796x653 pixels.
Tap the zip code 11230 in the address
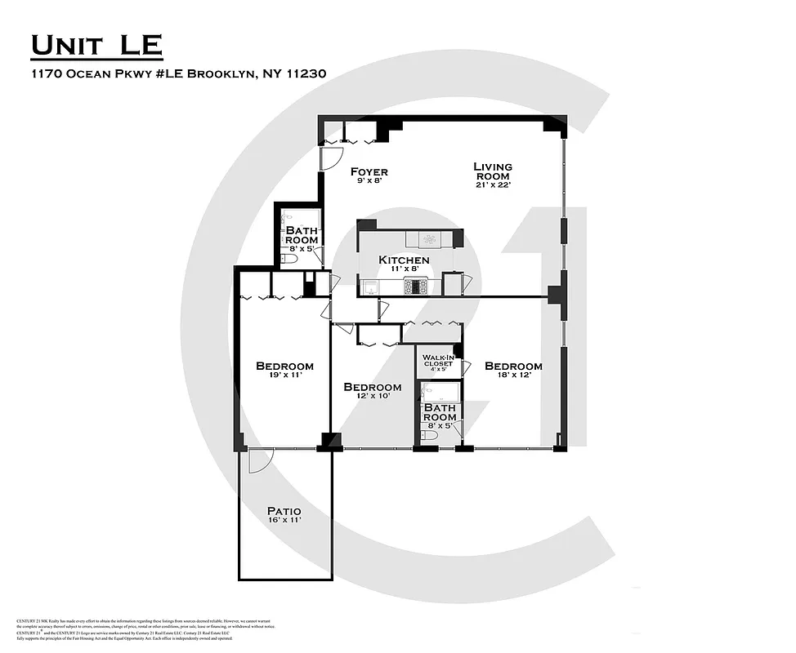pyautogui.click(x=306, y=73)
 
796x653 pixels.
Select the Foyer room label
pyautogui.click(x=369, y=172)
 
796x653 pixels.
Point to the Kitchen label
pyautogui.click(x=404, y=260)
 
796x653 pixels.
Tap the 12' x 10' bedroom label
pyautogui.click(x=372, y=397)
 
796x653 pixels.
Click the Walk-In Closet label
pyautogui.click(x=437, y=360)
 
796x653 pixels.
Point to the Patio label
pyautogui.click(x=284, y=511)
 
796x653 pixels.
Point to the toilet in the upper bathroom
pyautogui.click(x=288, y=260)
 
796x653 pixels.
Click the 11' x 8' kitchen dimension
pyautogui.click(x=404, y=271)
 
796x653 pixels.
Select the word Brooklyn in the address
pyautogui.click(x=221, y=73)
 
